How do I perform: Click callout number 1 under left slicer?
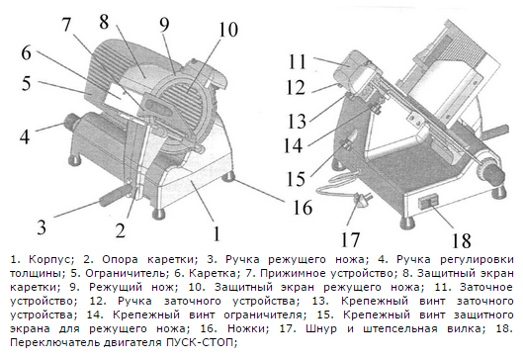pos(217,233)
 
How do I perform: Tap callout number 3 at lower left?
pos(42,227)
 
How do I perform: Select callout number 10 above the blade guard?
pos(228,29)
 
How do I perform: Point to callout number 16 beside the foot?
pos(303,207)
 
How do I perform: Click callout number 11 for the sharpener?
pos(298,61)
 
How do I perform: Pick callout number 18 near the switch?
pos(462,240)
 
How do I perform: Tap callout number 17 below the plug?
pos(350,239)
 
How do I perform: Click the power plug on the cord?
pos(361,200)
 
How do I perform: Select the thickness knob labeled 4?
pos(70,120)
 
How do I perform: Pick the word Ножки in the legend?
pos(248,328)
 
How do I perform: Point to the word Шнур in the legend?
pos(321,328)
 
